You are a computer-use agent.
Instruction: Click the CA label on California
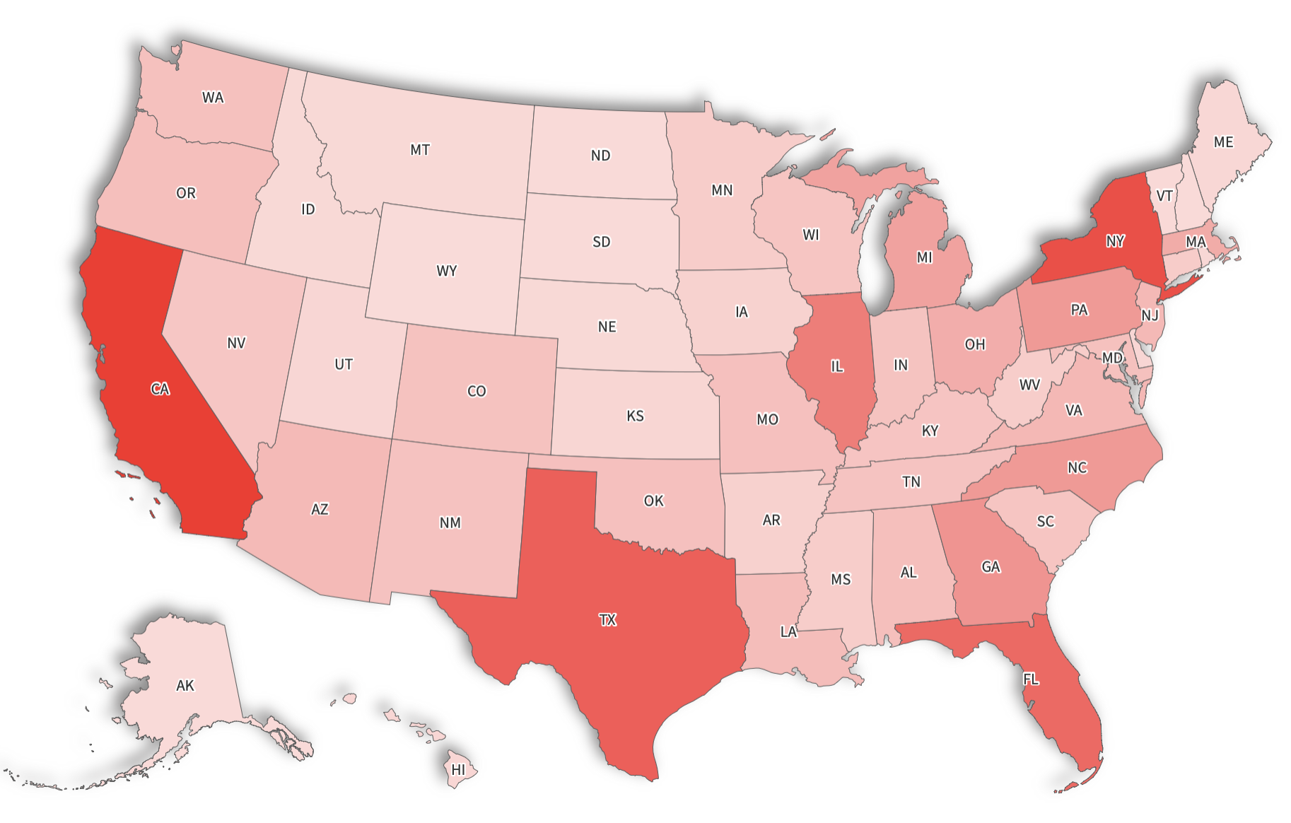coord(160,389)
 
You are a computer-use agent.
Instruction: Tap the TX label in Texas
coord(608,620)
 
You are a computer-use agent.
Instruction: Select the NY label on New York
coord(1115,241)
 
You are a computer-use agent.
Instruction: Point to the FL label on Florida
coord(1031,679)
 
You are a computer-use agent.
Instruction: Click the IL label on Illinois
coord(837,366)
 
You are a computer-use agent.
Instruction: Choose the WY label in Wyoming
coord(447,271)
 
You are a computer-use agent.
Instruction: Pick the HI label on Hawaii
coord(459,770)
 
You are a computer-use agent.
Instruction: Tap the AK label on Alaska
coord(185,685)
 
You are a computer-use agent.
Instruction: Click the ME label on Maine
coord(1223,142)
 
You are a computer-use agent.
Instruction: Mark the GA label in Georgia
coord(991,567)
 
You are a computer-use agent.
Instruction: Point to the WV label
coord(1029,385)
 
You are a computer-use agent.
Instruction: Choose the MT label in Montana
coord(420,150)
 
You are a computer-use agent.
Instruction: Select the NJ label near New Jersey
coord(1150,315)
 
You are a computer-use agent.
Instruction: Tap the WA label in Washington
coord(213,98)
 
